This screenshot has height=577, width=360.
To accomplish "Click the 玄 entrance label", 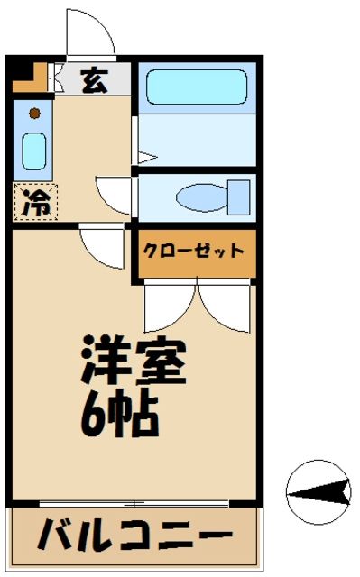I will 93,80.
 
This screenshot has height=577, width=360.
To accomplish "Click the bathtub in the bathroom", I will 196,87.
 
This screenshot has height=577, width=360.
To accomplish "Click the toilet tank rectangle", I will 238,195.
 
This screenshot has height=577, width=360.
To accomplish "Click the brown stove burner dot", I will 34,114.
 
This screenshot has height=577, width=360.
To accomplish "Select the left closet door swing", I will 169,307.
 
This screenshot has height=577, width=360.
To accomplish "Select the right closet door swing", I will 223,307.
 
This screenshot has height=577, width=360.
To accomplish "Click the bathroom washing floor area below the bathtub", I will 196,140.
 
